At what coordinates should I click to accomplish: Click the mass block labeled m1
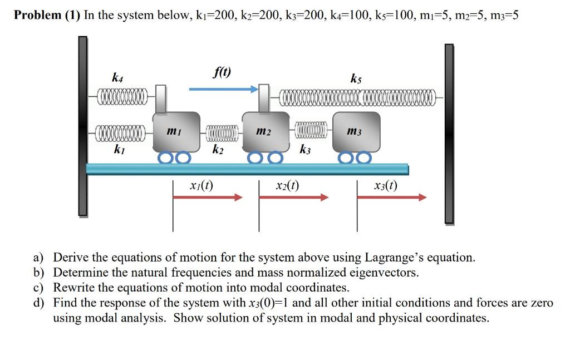point(176,131)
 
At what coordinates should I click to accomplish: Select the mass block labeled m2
point(266,131)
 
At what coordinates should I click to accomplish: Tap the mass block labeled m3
point(357,131)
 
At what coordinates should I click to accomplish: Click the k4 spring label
point(117,77)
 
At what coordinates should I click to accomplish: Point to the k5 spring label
point(356,78)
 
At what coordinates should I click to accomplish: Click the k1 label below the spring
point(119,149)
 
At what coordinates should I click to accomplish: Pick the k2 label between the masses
point(218,149)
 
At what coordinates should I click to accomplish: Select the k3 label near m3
point(305,149)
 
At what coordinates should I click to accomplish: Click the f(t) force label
point(222,72)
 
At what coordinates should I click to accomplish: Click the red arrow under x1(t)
point(208,198)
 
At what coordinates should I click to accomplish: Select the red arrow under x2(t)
point(294,198)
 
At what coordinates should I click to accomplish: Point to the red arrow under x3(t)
point(392,198)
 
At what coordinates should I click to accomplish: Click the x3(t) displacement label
point(386,186)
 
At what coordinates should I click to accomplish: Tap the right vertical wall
point(449,134)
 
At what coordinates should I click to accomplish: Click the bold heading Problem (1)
point(47,15)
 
